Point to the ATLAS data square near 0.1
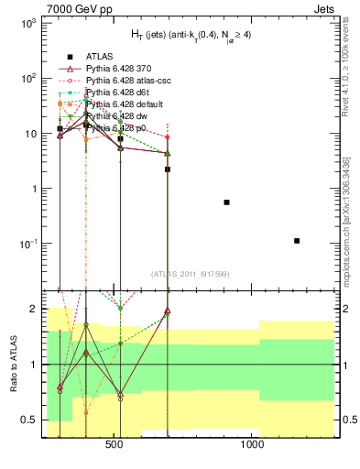(x=297, y=241)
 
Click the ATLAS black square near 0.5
(x=226, y=202)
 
